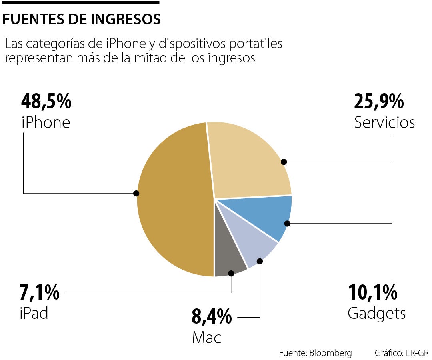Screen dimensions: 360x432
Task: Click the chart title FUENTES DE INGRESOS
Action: (82, 19)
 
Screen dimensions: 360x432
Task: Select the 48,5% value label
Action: (46, 102)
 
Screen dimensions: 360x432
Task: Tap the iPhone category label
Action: (46, 122)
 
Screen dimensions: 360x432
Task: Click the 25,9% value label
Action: (379, 102)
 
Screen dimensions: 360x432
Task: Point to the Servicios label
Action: (384, 122)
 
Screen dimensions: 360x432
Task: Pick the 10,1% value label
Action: (372, 293)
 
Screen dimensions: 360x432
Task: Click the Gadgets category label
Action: (376, 313)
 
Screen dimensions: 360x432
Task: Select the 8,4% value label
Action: (212, 317)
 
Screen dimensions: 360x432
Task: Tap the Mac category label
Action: (206, 338)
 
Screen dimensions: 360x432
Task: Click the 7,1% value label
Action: (40, 293)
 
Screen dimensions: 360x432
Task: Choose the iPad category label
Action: (34, 313)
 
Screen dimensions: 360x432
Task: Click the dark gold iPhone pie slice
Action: (176, 200)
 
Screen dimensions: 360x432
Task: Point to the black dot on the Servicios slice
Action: (284, 162)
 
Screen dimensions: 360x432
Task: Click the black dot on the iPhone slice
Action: (136, 193)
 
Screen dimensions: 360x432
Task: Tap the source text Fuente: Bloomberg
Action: (315, 353)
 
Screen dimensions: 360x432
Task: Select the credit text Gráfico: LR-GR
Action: (401, 353)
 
